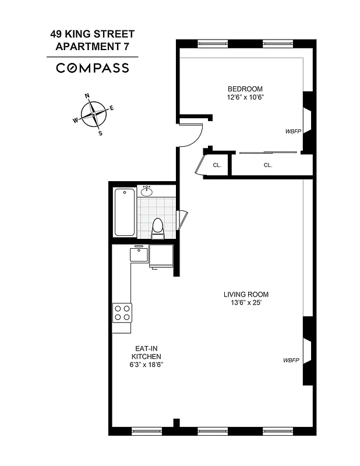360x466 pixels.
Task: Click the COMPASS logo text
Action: click(93, 68)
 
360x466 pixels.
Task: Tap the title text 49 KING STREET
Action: click(92, 35)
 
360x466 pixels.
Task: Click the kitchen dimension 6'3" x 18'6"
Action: click(146, 365)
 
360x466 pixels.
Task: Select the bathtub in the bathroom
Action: click(125, 213)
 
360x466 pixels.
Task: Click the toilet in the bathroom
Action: click(157, 227)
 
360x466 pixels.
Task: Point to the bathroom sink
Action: click(146, 191)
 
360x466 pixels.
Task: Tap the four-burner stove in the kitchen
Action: click(122, 313)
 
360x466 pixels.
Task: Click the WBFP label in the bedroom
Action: click(292, 131)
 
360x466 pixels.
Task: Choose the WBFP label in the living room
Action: click(291, 361)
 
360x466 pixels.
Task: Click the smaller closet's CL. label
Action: click(217, 165)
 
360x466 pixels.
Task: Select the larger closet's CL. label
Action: click(268, 165)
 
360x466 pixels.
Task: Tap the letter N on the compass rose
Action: click(87, 96)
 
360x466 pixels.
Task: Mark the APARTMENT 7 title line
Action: click(92, 47)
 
